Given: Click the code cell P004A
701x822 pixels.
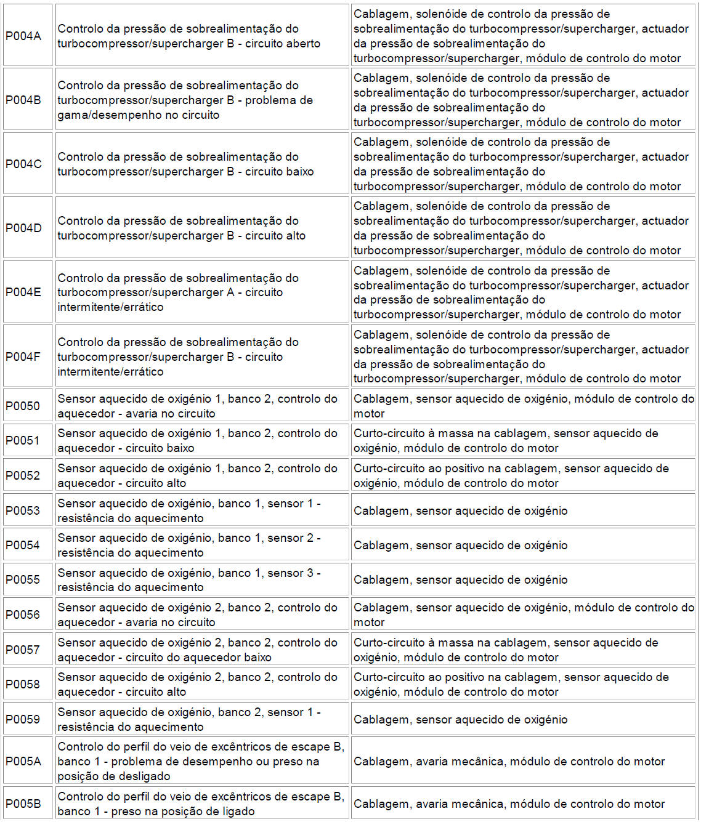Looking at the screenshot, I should point(23,36).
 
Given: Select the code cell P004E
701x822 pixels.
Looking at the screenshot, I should point(23,292).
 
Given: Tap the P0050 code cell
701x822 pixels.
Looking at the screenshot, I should point(23,406).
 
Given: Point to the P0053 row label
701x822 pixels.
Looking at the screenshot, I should point(23,510).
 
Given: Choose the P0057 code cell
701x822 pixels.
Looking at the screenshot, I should point(23,650).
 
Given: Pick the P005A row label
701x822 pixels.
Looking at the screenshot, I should point(23,761).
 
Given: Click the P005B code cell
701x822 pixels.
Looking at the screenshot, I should point(23,804).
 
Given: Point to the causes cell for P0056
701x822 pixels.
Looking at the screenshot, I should point(523,614).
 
